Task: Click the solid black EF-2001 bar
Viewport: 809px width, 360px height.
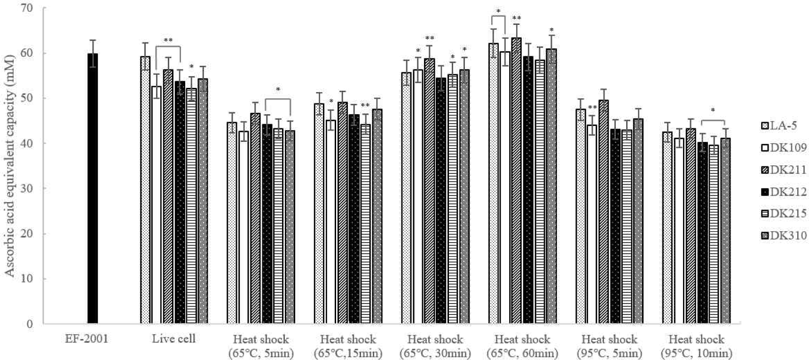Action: click(x=93, y=188)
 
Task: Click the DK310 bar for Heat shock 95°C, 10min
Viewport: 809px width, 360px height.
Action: click(x=725, y=230)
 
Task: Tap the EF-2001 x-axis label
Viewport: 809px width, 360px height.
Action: click(x=86, y=339)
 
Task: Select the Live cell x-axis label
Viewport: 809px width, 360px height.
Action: click(x=173, y=339)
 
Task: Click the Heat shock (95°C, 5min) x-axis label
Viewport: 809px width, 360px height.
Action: click(x=609, y=346)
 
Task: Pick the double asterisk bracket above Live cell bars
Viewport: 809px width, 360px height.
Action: click(x=168, y=42)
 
